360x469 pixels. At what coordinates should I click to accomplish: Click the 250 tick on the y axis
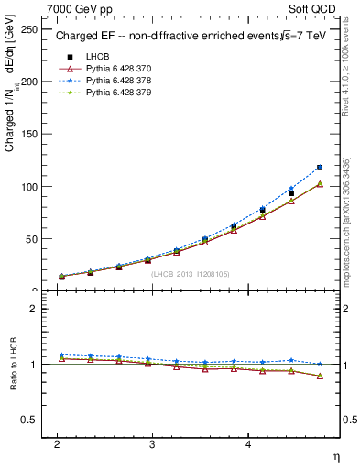tap(31, 28)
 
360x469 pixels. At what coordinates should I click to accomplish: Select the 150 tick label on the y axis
tap(31, 134)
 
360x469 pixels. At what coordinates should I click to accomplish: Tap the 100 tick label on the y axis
tap(31, 187)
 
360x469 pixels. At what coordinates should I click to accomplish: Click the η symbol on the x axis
tap(335, 455)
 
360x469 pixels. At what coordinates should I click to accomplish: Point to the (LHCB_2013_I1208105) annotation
tap(191, 273)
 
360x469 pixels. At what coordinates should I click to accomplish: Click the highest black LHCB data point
tap(320, 168)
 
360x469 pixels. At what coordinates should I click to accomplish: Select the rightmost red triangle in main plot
tap(320, 184)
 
